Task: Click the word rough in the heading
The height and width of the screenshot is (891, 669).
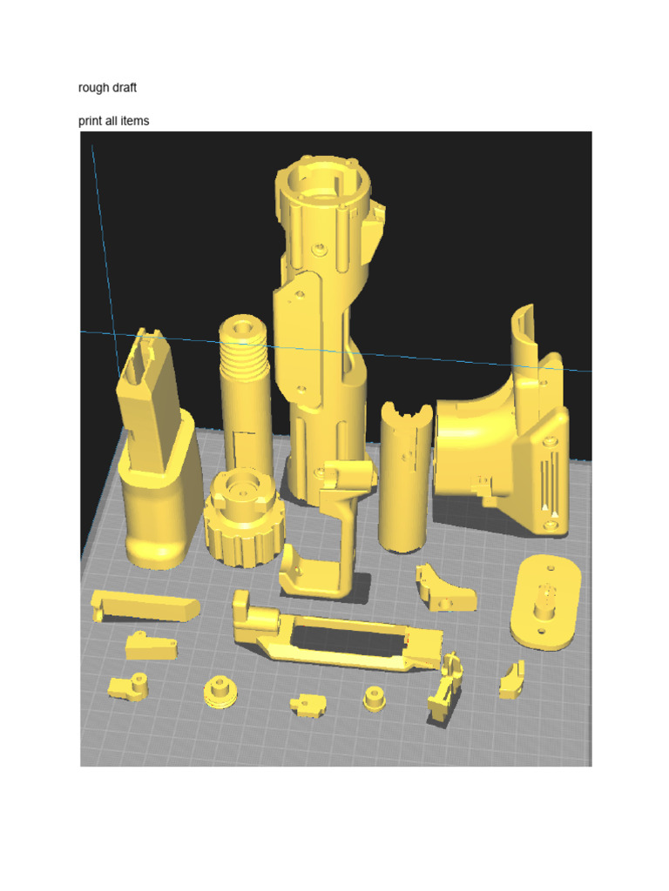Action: (92, 88)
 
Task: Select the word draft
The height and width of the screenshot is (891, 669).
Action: (124, 88)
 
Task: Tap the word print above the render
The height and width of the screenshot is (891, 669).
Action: (91, 121)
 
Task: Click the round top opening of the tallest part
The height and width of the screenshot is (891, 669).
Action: (322, 181)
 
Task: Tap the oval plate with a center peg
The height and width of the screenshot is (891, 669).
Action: (545, 602)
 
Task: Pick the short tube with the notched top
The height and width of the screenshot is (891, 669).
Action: (405, 478)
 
